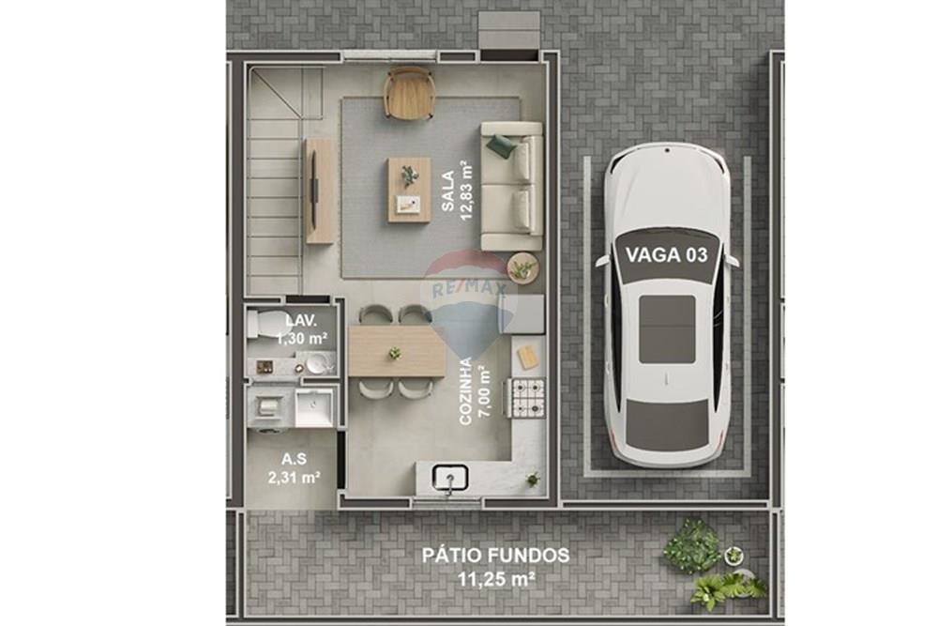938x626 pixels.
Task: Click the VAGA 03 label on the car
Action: pos(666,254)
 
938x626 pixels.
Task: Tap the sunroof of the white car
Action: pos(667,329)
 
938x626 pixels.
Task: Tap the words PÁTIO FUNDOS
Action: pos(494,556)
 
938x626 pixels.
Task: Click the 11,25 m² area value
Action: pos(495,579)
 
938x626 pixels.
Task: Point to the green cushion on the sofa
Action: pos(501,145)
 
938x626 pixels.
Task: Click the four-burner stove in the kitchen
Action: pos(525,397)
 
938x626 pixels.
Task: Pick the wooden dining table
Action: pos(396,351)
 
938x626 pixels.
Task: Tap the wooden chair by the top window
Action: pos(409,93)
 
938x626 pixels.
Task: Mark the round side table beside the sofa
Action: pos(522,267)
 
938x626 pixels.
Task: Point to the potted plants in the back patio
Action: pos(713,563)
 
